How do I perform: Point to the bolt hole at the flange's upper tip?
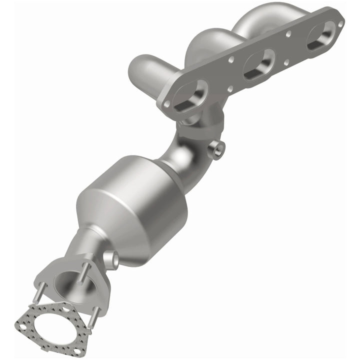tap(340, 23)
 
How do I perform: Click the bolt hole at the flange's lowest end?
tap(166, 104)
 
